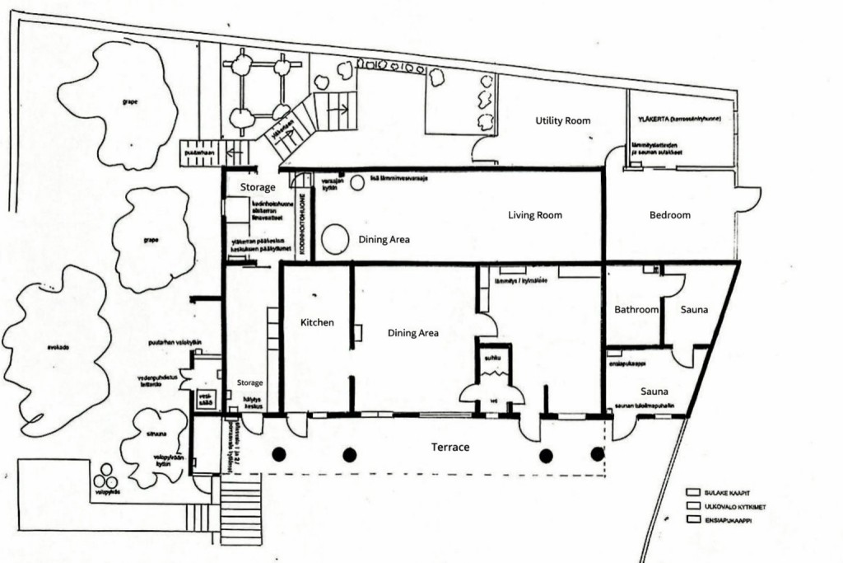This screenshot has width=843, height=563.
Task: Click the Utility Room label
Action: click(x=563, y=120)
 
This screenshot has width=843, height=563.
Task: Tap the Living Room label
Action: click(x=534, y=215)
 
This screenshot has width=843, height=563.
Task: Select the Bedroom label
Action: click(x=669, y=215)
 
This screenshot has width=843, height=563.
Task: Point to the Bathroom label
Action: click(x=636, y=310)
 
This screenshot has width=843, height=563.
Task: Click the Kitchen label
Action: click(x=317, y=322)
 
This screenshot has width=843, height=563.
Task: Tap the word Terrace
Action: click(x=450, y=447)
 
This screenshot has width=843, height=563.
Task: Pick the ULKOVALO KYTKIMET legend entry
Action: click(x=729, y=505)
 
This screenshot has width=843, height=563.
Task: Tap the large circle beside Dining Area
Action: click(x=334, y=239)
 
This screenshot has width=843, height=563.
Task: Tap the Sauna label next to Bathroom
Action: click(x=695, y=310)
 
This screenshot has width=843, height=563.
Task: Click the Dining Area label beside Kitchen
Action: click(x=412, y=333)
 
